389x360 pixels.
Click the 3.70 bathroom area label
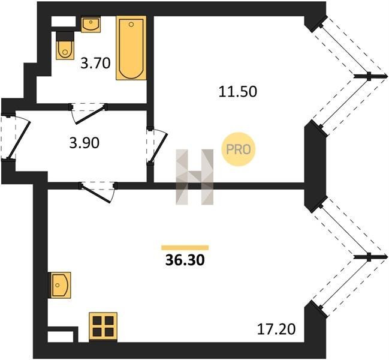[x=95, y=64]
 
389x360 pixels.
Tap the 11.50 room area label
[x=238, y=91]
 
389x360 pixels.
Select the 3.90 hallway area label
[x=85, y=143]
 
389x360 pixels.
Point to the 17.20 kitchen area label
[x=276, y=329]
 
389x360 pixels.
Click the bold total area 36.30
[x=185, y=260]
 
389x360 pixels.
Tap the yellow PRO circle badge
[x=239, y=149]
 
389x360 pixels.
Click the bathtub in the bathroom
[x=131, y=48]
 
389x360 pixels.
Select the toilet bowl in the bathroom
[x=65, y=50]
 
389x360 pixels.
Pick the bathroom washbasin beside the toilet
[x=91, y=24]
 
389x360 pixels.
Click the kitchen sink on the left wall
[x=61, y=285]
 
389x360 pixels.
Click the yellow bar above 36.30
[x=185, y=248]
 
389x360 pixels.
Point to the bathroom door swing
[x=88, y=115]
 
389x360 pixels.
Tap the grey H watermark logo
[x=194, y=177]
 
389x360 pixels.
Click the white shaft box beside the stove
[x=61, y=337]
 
